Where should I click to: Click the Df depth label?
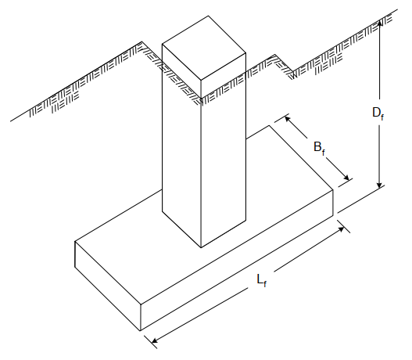pos(378,113)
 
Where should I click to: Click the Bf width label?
pos(320,148)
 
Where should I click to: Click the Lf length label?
pos(262,280)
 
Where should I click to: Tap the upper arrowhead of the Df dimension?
pos(379,23)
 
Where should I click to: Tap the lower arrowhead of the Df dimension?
pos(379,185)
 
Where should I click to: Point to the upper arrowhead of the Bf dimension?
pos(288,119)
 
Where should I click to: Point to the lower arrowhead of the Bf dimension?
pos(346,177)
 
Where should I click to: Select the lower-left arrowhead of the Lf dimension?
pos(155,340)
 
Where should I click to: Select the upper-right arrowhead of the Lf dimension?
pos(341,229)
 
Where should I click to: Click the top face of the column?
pos(204,48)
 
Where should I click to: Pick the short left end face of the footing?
pos(108,286)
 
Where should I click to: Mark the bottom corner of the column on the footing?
pos(201,247)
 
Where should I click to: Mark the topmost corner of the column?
pos(209,16)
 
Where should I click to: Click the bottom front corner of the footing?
pos(141,330)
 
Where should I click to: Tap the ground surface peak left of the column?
pos(142,41)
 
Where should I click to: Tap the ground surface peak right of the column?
pos(275,55)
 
